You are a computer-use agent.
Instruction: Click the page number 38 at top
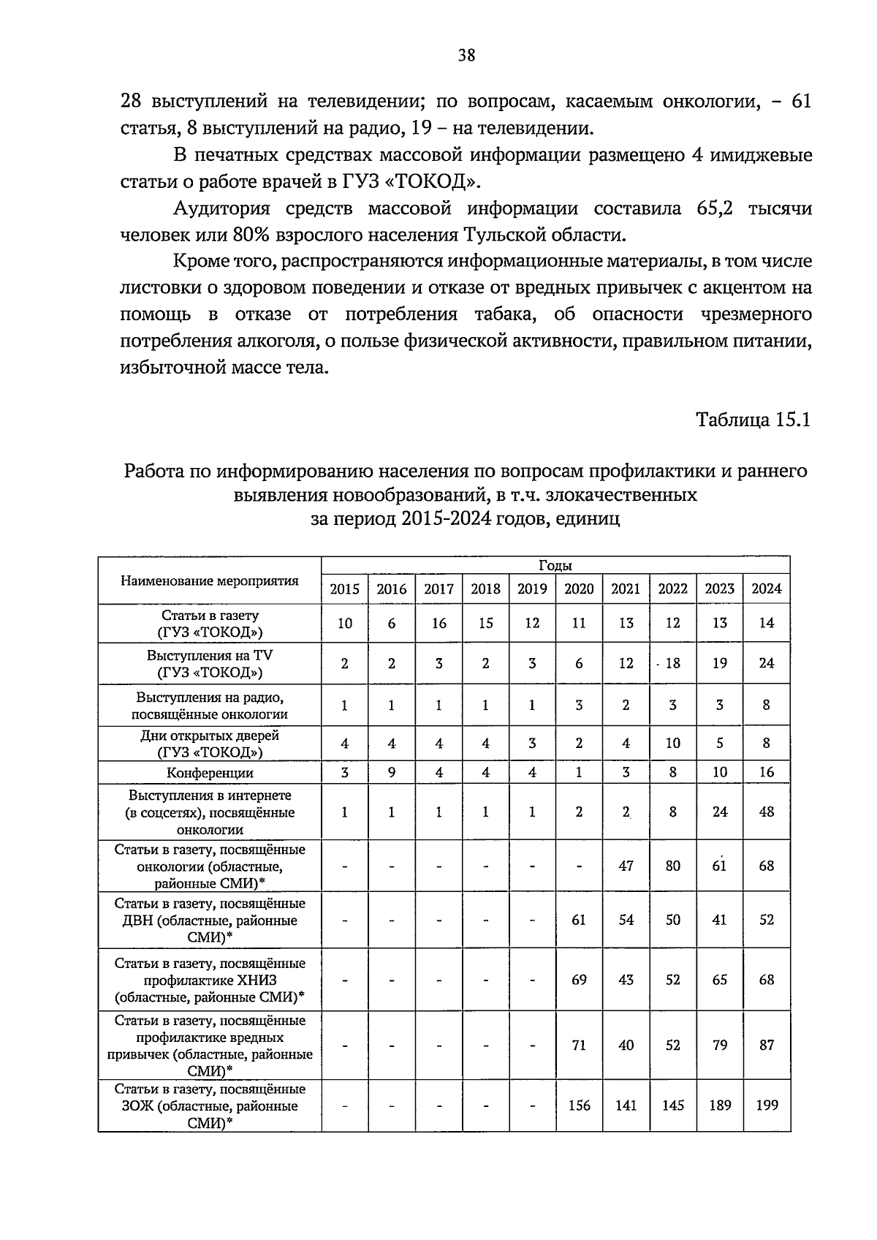(466, 55)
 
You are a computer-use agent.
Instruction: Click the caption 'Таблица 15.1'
(753, 420)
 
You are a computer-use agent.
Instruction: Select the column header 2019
(532, 589)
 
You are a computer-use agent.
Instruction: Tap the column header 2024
(766, 589)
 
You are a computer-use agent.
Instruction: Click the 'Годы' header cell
(555, 565)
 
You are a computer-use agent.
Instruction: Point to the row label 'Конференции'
(210, 773)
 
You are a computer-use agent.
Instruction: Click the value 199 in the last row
(766, 1105)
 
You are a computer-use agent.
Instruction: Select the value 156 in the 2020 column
(579, 1105)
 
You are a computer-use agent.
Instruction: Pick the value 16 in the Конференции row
(766, 772)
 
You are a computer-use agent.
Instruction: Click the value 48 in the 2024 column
(766, 812)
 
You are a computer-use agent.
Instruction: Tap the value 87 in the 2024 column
(766, 1046)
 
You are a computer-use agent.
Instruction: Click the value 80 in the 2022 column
(672, 866)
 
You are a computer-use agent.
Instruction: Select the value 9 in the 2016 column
(392, 772)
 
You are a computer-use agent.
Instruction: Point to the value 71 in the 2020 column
(579, 1046)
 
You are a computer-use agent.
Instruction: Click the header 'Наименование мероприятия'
(210, 581)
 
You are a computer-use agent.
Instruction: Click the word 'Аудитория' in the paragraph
(221, 209)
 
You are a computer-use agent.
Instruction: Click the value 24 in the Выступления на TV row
(766, 663)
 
